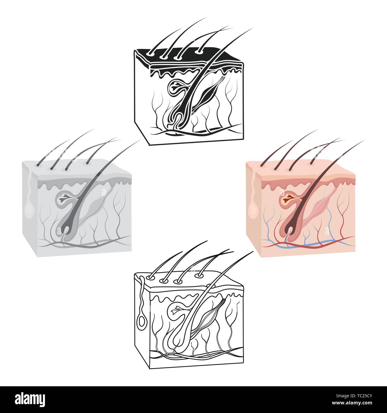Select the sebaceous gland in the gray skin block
coord(64,200)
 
